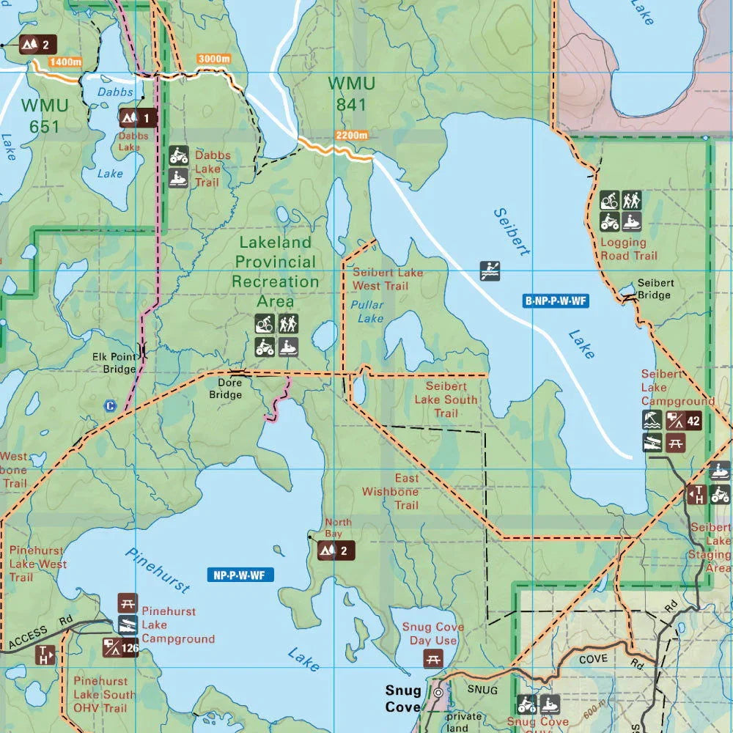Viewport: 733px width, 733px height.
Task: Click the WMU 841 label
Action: [351, 94]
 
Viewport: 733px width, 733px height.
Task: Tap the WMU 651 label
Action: [45, 116]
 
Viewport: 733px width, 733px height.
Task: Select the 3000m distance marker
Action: [213, 59]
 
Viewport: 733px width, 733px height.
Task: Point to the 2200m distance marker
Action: [352, 135]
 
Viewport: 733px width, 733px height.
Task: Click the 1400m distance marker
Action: [66, 62]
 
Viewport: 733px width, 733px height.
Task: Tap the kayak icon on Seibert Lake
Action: [490, 270]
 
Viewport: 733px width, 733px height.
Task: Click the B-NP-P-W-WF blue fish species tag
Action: [557, 301]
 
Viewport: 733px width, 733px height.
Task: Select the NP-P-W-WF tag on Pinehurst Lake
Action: [240, 575]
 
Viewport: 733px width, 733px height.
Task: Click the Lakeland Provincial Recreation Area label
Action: [276, 271]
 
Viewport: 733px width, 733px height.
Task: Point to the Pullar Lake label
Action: [366, 312]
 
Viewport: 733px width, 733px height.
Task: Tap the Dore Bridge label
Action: [225, 388]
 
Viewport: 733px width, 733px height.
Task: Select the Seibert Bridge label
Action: [655, 289]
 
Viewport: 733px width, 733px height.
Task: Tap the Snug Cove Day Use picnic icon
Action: [433, 658]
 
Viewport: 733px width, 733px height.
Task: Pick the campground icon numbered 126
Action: [120, 647]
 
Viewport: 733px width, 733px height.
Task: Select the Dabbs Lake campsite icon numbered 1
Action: [139, 117]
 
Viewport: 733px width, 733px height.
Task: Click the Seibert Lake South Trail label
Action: [446, 399]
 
